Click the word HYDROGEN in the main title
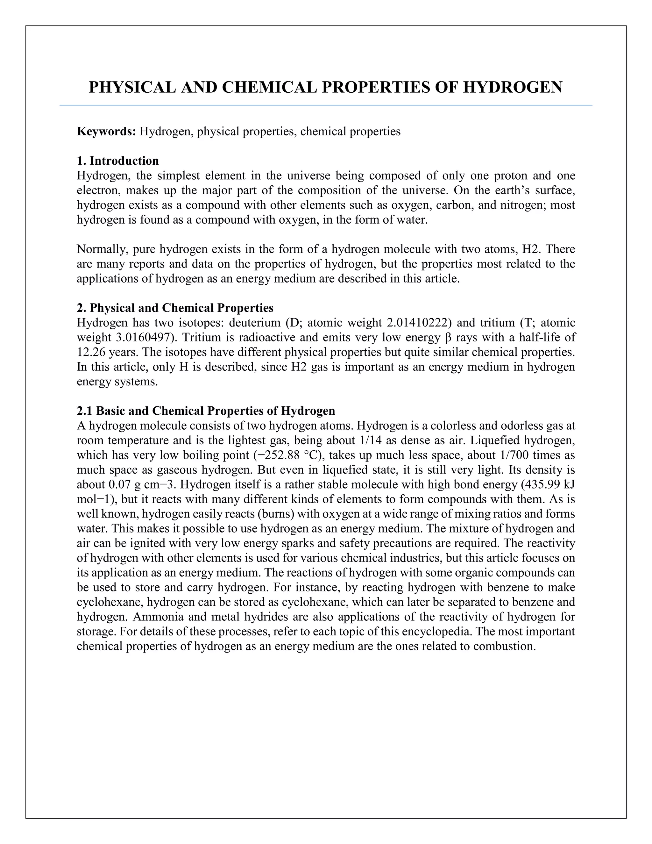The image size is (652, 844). pos(513,87)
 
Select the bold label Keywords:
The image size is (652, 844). pos(106,132)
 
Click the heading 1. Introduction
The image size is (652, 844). pos(118,161)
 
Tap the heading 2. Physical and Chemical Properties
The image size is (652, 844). pos(175,308)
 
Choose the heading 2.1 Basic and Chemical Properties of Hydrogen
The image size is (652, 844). pos(206,411)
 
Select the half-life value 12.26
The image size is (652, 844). pos(91,352)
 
